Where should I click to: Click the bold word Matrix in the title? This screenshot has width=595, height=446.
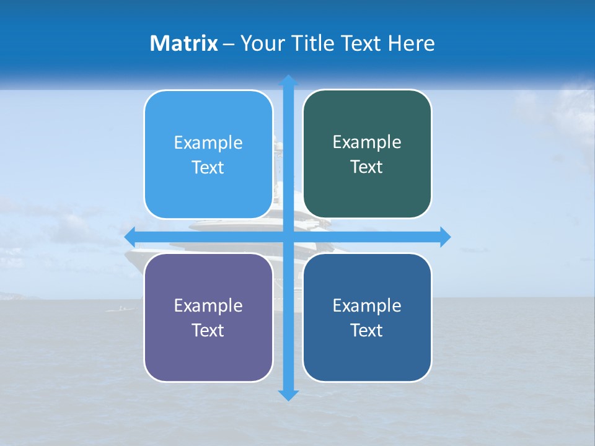(x=184, y=43)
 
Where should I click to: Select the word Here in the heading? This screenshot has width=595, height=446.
(x=411, y=43)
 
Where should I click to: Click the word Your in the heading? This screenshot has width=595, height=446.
(x=260, y=43)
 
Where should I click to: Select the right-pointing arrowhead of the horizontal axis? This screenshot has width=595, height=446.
(x=444, y=237)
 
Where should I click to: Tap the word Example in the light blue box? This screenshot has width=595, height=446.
(x=208, y=143)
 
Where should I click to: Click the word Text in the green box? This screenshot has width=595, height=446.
(x=367, y=167)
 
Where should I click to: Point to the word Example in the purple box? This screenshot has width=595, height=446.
(x=208, y=305)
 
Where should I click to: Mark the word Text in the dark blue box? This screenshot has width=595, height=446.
(x=367, y=330)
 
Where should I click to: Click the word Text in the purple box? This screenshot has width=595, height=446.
(x=208, y=330)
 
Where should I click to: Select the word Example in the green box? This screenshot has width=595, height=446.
(x=367, y=142)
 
